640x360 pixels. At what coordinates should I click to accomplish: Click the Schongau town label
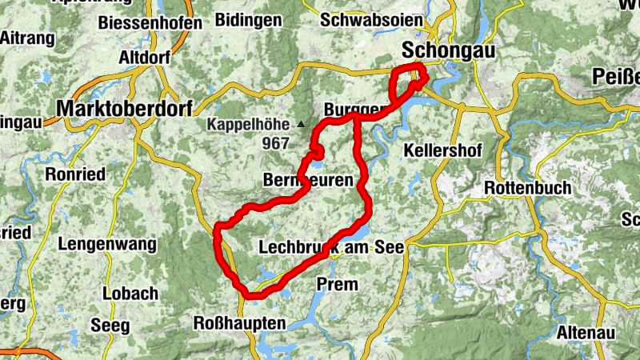point(448,50)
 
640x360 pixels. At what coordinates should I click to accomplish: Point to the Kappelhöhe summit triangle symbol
point(301,125)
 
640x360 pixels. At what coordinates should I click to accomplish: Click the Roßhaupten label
point(239,323)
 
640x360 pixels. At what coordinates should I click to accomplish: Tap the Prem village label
point(337,284)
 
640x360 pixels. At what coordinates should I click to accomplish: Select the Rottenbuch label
point(528,188)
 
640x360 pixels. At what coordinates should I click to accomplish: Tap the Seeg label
point(109,326)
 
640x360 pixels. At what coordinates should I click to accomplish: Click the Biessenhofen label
point(151,22)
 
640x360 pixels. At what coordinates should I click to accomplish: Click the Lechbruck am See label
point(332,248)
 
